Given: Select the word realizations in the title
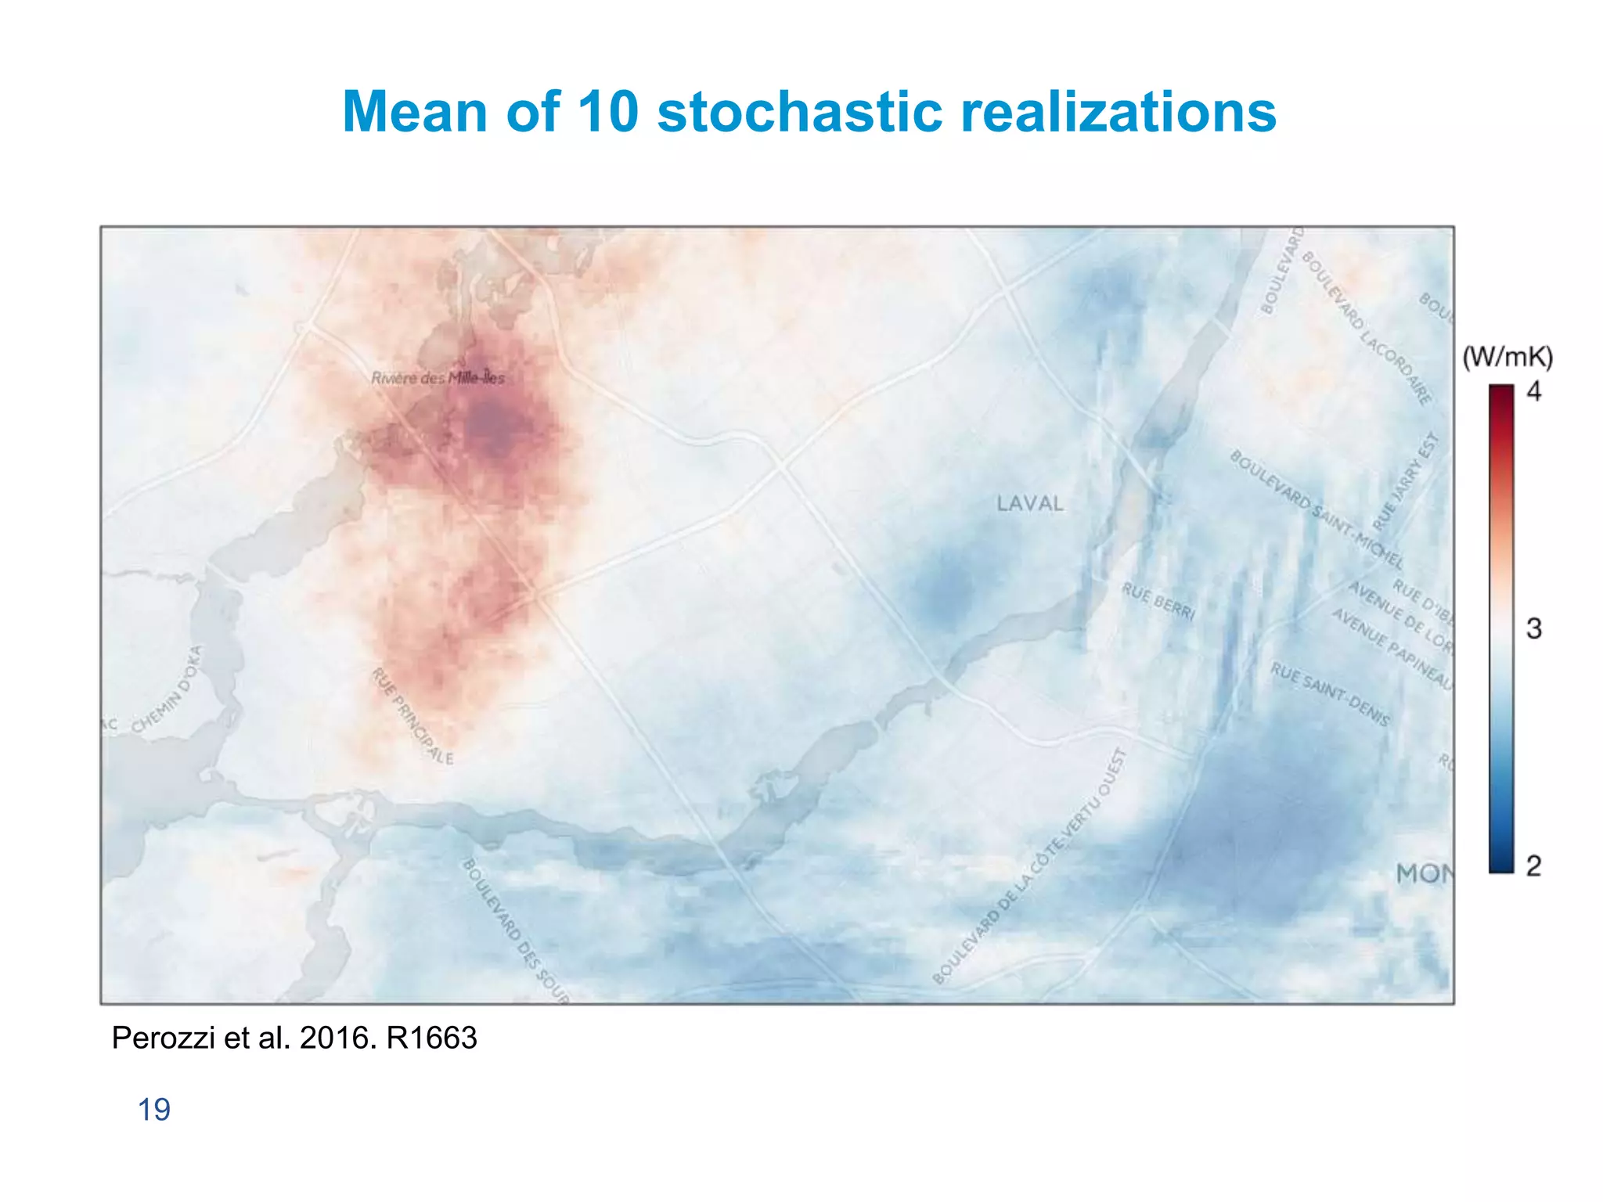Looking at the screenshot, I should click(x=1118, y=111).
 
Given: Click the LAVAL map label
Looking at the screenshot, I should click(x=1030, y=504).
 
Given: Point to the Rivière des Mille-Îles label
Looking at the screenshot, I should click(x=438, y=378).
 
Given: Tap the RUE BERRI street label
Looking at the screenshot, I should click(x=1158, y=601).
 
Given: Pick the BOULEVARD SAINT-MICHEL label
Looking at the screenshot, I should click(x=1316, y=509).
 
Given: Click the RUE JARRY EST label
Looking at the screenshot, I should click(x=1407, y=480).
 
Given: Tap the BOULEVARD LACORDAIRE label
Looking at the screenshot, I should click(x=1367, y=329).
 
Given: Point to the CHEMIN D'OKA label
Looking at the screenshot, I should click(x=167, y=689).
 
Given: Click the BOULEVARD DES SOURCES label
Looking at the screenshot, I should click(x=515, y=930).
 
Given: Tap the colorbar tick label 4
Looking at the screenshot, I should click(x=1533, y=391).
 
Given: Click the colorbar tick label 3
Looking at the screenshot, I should click(x=1533, y=628).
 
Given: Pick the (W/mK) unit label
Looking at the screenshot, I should click(x=1508, y=357).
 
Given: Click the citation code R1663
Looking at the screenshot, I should click(x=431, y=1038).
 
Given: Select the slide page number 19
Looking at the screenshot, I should click(x=154, y=1110).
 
